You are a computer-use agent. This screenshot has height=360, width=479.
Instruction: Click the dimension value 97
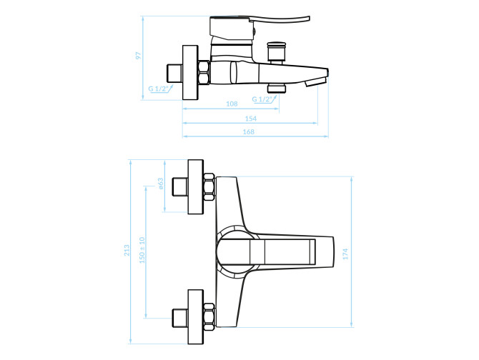pyautogui.click(x=139, y=56)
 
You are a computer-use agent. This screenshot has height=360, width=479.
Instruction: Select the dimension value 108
pyautogui.click(x=232, y=104)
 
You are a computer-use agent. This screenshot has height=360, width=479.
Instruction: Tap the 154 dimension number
pyautogui.click(x=251, y=119)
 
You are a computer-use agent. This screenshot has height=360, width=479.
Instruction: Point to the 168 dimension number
pyautogui.click(x=248, y=132)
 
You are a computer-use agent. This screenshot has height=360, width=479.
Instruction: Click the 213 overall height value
pyautogui.click(x=127, y=251)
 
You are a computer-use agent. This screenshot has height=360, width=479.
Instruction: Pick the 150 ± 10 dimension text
pyautogui.click(x=142, y=250)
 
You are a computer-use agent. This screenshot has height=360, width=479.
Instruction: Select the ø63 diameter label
pyautogui.click(x=161, y=184)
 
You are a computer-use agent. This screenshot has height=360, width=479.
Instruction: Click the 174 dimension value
pyautogui.click(x=345, y=254)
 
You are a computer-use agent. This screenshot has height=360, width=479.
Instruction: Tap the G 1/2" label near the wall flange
pyautogui.click(x=158, y=89)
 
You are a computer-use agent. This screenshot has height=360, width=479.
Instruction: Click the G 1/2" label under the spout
pyautogui.click(x=262, y=99)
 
